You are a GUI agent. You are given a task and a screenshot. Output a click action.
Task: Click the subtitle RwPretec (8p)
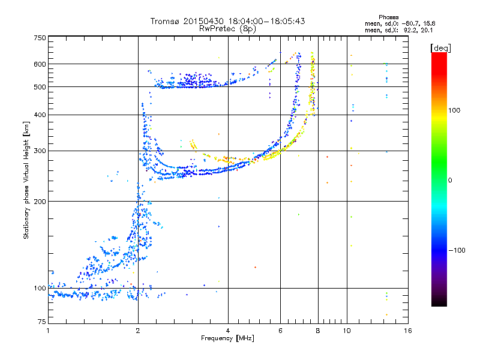click(227, 29)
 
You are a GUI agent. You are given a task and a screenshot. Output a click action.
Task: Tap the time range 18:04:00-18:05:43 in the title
click(266, 21)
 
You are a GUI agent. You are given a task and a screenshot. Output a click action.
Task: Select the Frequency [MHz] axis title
click(227, 338)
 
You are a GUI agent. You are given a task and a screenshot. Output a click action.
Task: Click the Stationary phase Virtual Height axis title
click(26, 181)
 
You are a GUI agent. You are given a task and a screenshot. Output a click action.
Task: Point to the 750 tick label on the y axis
click(40, 38)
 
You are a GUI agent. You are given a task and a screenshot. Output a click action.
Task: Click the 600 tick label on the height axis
click(40, 64)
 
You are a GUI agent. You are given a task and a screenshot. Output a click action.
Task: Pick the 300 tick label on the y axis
click(40, 151)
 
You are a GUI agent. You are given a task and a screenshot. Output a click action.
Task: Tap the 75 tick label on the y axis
click(42, 322)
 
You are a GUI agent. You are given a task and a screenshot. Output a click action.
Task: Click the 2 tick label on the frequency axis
click(138, 331)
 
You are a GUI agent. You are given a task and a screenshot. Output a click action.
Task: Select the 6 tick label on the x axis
click(280, 331)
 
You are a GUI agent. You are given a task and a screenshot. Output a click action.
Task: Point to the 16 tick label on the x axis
click(408, 331)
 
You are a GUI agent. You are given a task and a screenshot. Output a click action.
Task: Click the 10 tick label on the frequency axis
click(347, 331)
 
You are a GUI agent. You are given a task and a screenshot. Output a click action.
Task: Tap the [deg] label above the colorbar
click(440, 48)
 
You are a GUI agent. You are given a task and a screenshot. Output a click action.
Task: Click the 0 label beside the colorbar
click(450, 180)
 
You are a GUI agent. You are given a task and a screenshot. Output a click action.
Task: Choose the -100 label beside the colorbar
click(457, 250)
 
